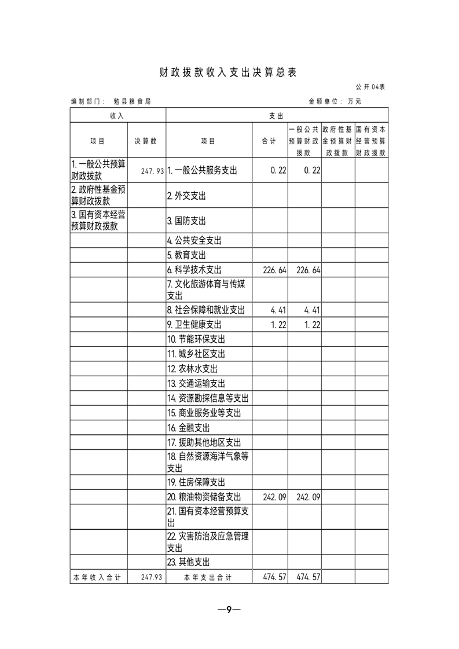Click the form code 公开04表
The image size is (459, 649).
pyautogui.click(x=372, y=87)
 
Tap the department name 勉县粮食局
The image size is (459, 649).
pyautogui.click(x=133, y=101)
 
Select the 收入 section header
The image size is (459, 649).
pyautogui.click(x=117, y=116)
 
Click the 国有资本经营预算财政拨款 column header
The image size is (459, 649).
pyautogui.click(x=371, y=141)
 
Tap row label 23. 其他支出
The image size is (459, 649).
pyautogui.click(x=188, y=562)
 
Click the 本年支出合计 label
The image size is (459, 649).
pyautogui.click(x=208, y=577)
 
